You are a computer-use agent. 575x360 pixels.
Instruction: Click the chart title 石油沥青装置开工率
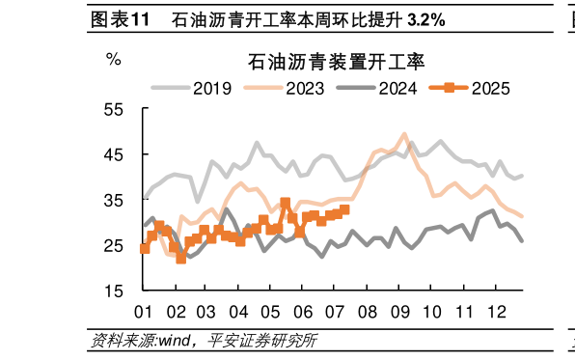(x=323, y=62)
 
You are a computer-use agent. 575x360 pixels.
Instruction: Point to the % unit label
(x=114, y=60)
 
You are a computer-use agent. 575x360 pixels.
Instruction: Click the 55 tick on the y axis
(x=114, y=110)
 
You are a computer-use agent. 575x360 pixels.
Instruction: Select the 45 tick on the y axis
(x=114, y=155)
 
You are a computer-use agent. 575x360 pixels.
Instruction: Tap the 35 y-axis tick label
(x=114, y=201)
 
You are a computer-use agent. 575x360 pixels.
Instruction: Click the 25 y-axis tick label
(x=114, y=246)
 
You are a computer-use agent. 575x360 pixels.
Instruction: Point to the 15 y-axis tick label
(x=114, y=291)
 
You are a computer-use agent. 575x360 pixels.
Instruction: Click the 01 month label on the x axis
(x=144, y=312)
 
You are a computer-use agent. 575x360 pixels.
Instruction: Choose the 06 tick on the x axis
(x=303, y=312)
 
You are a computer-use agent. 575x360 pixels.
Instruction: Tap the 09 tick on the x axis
(x=398, y=312)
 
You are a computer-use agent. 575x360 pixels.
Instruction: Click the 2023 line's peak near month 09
(x=404, y=134)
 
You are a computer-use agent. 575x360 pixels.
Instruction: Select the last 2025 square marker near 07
(x=344, y=209)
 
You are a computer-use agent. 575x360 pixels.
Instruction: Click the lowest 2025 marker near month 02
(x=180, y=259)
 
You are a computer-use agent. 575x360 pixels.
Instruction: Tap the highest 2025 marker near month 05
(x=285, y=203)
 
